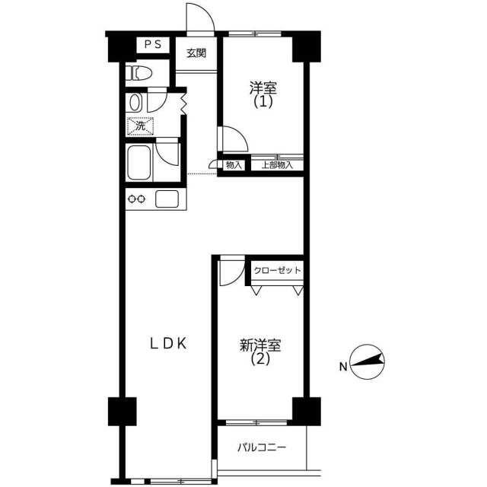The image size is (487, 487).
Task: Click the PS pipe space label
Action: click(153, 44)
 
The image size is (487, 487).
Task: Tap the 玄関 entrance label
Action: click(196, 53)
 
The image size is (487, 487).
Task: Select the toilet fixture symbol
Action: click(138, 74)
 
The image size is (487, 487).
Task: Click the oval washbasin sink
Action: click(135, 103)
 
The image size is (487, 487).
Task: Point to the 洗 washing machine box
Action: click(140, 126)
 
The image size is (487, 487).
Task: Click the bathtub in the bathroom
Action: click(138, 162)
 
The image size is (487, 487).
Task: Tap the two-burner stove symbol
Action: click(137, 199)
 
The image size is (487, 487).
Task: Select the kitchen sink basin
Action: click(167, 199)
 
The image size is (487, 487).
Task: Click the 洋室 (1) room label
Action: click(263, 94)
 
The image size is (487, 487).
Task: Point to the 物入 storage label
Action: click(234, 165)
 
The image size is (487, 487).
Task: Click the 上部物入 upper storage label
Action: click(277, 165)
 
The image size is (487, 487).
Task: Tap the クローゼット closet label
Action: click(277, 271)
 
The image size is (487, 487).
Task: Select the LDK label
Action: click(168, 344)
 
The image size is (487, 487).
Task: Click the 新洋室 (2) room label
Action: click(260, 352)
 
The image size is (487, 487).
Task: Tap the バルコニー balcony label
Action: click(262, 447)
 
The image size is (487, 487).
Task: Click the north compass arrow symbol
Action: click(367, 362)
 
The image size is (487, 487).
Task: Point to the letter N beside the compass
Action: click(343, 367)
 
